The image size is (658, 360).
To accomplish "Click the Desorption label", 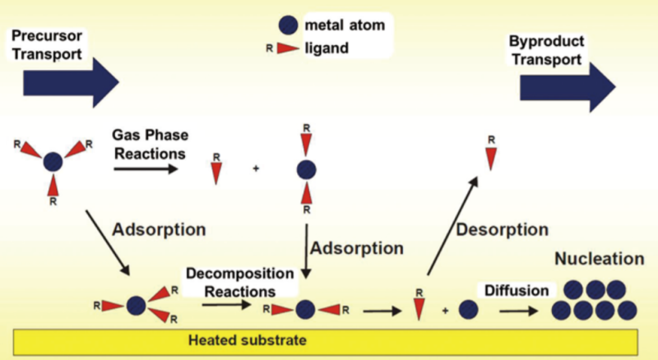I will pos(502,229).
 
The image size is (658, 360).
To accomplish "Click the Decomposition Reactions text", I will pos(239,280).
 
